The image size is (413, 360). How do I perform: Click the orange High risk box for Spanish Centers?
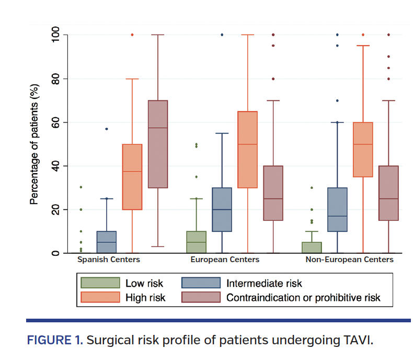[132, 177]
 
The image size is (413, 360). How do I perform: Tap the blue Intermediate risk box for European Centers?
[222, 209]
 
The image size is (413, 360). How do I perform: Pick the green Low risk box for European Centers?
[196, 242]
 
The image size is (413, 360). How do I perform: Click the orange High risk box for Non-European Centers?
[363, 150]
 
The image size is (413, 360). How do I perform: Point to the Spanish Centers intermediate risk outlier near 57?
[107, 129]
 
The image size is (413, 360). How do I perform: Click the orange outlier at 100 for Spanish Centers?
[132, 35]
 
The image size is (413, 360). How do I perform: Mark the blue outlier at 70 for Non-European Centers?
[337, 100]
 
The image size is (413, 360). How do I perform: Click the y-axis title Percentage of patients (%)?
[35, 144]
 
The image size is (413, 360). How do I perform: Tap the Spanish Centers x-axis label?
[109, 260]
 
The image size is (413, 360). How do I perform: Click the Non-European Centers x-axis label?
[349, 260]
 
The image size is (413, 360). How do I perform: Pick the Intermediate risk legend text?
[264, 284]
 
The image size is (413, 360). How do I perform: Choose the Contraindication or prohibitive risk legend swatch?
[201, 298]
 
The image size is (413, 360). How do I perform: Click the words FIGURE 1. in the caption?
[55, 341]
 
